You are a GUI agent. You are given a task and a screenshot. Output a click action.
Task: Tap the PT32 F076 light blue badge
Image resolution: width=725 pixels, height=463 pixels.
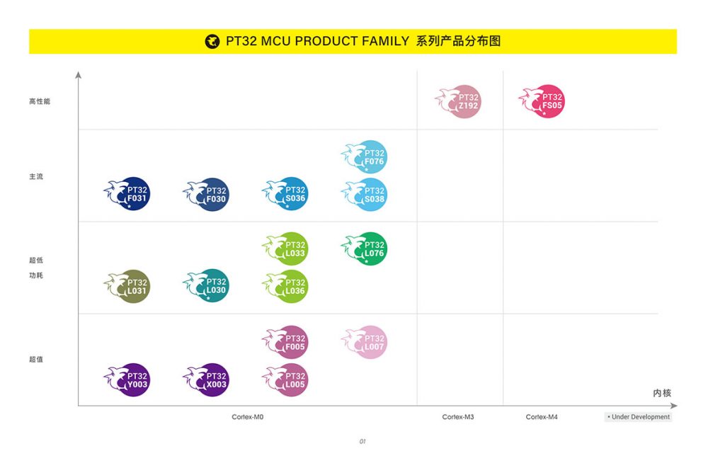(369, 157)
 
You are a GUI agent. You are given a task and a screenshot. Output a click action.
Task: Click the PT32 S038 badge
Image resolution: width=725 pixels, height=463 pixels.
(369, 194)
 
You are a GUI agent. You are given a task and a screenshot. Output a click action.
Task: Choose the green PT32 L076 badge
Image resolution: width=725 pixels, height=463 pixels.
(369, 248)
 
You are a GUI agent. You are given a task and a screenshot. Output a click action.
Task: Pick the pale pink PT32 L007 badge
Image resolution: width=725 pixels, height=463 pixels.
(369, 342)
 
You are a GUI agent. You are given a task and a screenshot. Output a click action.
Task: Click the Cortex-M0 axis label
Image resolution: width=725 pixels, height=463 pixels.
(248, 417)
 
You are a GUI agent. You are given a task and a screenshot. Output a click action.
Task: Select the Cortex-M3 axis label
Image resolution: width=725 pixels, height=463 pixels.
(458, 417)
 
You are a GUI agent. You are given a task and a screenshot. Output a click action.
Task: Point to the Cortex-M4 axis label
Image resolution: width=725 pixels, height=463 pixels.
(542, 417)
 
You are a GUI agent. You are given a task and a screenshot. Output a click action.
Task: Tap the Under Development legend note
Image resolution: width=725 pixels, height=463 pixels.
(639, 417)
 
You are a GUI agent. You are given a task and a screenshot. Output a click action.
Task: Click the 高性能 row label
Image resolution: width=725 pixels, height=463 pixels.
(40, 101)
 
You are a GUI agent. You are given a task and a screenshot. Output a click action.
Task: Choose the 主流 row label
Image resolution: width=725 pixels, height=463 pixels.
(36, 176)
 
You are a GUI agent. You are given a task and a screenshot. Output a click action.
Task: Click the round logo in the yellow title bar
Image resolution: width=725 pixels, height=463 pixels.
(212, 41)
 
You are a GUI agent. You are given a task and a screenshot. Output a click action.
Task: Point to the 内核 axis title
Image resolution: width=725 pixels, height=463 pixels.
(662, 393)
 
